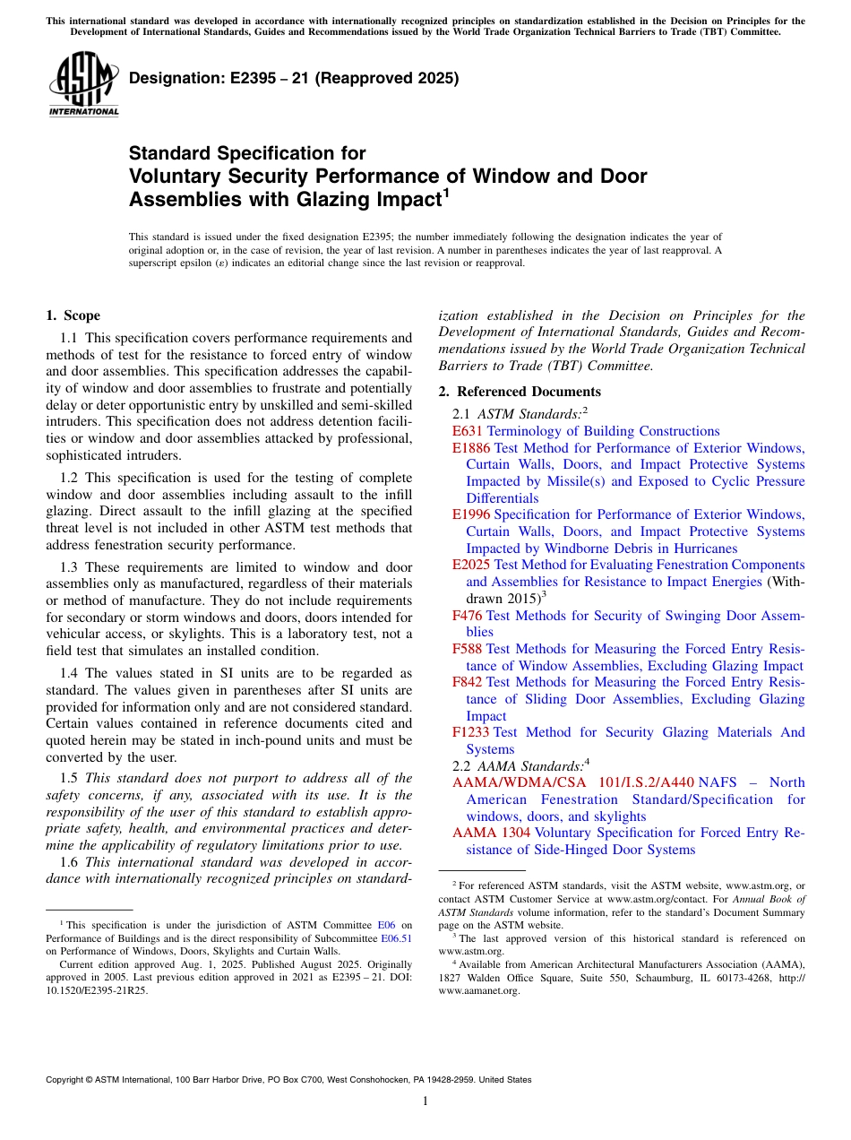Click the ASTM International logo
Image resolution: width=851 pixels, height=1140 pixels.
pyautogui.click(x=83, y=85)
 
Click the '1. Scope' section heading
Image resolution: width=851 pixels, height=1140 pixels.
pyautogui.click(x=73, y=315)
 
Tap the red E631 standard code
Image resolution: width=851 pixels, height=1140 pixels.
pyautogui.click(x=468, y=431)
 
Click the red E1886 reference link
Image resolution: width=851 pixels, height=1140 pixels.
pyautogui.click(x=471, y=448)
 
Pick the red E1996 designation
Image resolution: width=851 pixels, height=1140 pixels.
pyautogui.click(x=471, y=514)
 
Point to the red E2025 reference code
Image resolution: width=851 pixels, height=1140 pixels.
pyautogui.click(x=471, y=565)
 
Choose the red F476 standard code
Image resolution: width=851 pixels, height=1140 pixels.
pyautogui.click(x=468, y=616)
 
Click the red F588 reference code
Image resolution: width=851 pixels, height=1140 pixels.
pyautogui.click(x=468, y=649)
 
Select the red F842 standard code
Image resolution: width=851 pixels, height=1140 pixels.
pyautogui.click(x=468, y=682)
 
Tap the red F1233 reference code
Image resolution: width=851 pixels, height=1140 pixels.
pyautogui.click(x=471, y=732)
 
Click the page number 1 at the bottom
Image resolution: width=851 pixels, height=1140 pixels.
pyautogui.click(x=425, y=1101)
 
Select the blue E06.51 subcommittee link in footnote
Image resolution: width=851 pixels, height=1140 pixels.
pyautogui.click(x=396, y=938)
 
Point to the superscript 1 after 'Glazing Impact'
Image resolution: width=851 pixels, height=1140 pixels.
pyautogui.click(x=446, y=193)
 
